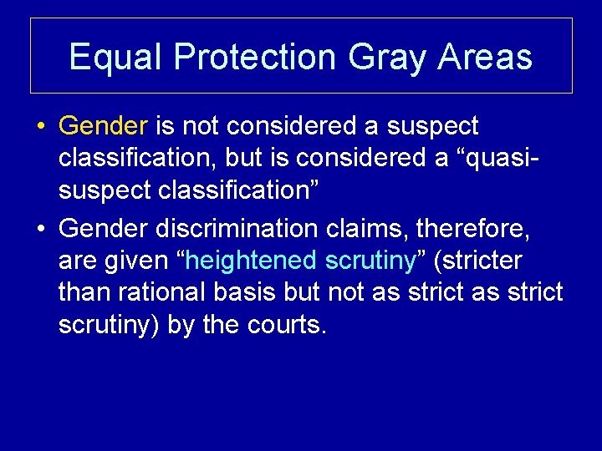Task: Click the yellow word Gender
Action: pyautogui.click(x=103, y=126)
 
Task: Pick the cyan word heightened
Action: pyautogui.click(x=251, y=261)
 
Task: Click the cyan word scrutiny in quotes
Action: pyautogui.click(x=370, y=261)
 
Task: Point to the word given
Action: pyautogui.click(x=140, y=261)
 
